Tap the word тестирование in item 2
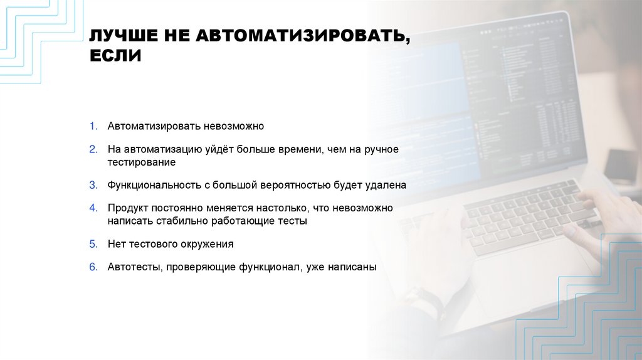click(141, 162)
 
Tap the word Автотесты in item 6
click(135, 267)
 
